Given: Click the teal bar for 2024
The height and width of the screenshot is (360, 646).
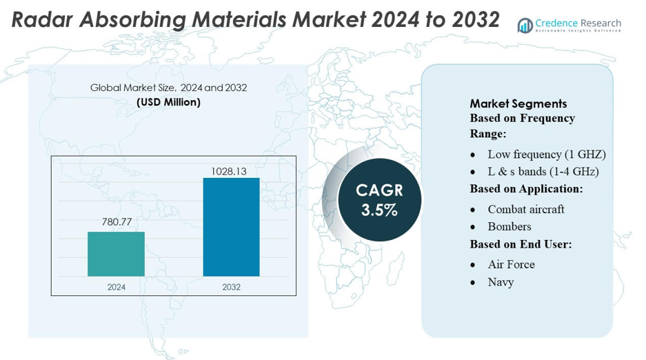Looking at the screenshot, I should [x=116, y=254].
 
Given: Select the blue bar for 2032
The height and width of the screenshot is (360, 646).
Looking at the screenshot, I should [x=231, y=227].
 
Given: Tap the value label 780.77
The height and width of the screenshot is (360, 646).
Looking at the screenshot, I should [x=116, y=222].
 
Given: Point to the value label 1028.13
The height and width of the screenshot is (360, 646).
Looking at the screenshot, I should [x=231, y=169].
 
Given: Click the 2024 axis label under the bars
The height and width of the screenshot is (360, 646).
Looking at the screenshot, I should [x=116, y=287].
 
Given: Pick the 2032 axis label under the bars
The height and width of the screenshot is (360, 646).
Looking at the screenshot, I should [x=231, y=287].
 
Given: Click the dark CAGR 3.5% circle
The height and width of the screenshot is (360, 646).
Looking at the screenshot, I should [x=379, y=200].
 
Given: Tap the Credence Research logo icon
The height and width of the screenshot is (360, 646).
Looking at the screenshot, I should [x=525, y=26].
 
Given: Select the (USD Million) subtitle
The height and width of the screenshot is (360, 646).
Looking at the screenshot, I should [x=168, y=102].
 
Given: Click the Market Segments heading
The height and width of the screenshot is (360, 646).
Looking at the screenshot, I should [x=518, y=103].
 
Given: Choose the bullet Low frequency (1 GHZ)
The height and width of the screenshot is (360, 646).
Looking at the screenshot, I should [x=546, y=154].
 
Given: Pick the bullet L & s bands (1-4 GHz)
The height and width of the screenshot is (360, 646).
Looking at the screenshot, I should [x=543, y=171].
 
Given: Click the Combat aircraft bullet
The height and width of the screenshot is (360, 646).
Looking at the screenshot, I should [x=525, y=209].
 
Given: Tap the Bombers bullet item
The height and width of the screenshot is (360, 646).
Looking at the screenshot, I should [x=509, y=226].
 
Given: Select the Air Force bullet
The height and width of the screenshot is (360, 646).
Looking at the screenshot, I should [x=511, y=264].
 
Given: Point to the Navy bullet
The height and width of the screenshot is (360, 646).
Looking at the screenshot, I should [x=501, y=281].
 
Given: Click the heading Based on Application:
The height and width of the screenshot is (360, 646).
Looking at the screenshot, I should [x=526, y=189].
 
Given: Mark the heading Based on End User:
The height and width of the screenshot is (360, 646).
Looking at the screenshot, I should [x=521, y=244].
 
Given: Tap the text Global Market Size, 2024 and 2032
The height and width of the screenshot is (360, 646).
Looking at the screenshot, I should [x=168, y=88].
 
